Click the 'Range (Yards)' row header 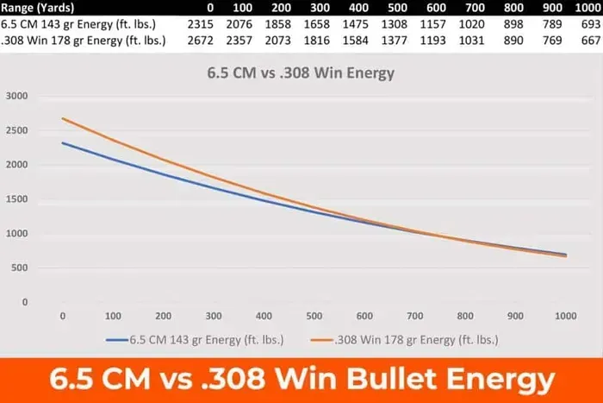coord(40,8)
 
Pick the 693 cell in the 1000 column coord(591,23)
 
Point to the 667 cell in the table coord(591,40)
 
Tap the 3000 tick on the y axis coord(19,96)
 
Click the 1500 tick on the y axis coord(19,199)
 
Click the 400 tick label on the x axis coord(264,316)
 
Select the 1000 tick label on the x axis coord(565,316)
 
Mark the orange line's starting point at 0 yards coord(63,118)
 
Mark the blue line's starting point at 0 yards coord(63,143)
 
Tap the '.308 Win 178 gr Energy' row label coord(84,40)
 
